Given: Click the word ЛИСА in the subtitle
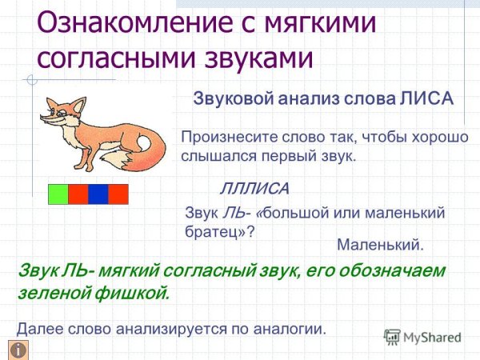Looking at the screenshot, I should pyautogui.click(x=426, y=98).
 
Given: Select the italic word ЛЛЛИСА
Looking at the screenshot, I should pyautogui.click(x=254, y=190).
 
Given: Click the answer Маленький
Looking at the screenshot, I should pyautogui.click(x=380, y=244).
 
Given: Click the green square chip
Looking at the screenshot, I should pyautogui.click(x=58, y=194).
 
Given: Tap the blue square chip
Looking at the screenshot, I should pyautogui.click(x=98, y=194).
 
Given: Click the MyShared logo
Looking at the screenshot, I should pyautogui.click(x=422, y=337).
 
